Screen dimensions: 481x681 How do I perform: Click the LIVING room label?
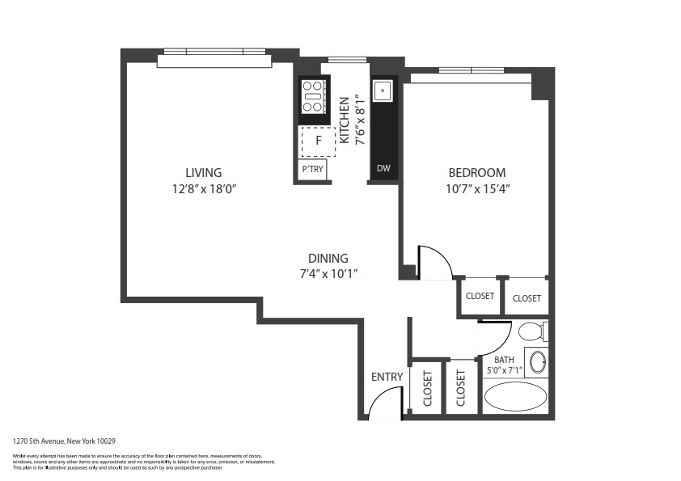pos(203,172)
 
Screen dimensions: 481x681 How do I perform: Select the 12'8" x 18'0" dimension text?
pos(203,188)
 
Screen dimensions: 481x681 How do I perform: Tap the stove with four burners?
pos(313,97)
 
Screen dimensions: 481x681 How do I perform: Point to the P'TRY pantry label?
pos(312,170)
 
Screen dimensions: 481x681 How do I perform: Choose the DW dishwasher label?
pos(383,169)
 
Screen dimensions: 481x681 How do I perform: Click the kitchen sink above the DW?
pos(383,90)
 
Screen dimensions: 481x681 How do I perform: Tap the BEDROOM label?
pos(477,172)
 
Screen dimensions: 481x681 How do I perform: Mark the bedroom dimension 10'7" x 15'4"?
pos(477,188)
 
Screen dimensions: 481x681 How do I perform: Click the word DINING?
pos(328,258)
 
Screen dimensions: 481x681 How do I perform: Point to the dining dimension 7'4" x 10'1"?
pos(328,273)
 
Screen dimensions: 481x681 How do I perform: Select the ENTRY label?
pos(387,377)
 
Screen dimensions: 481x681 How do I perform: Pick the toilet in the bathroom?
pos(531,331)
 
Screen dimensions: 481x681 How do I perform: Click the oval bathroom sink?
pos(537,361)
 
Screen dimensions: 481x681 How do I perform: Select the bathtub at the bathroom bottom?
pos(515,398)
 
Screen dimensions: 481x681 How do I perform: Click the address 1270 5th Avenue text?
pos(65,441)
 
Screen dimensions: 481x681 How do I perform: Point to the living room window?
pos(212,53)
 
